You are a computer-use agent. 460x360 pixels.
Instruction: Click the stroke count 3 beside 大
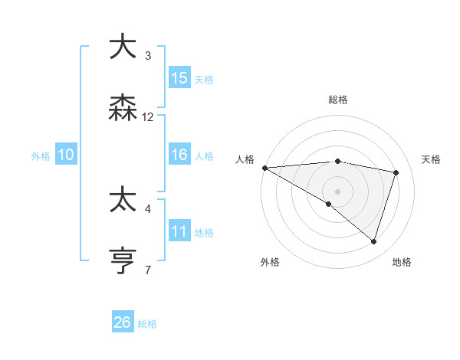click(x=148, y=55)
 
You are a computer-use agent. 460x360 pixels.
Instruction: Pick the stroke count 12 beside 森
click(x=148, y=117)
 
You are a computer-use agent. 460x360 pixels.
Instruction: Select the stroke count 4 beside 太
click(x=148, y=208)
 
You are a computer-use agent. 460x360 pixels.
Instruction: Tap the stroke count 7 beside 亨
click(x=148, y=270)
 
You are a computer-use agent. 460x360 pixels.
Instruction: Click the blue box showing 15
click(x=179, y=78)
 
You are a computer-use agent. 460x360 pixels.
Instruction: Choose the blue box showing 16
click(x=179, y=155)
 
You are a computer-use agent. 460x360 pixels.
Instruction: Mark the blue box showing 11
click(x=179, y=231)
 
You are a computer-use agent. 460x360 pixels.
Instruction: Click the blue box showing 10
click(x=66, y=155)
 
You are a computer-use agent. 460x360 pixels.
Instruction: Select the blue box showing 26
click(x=123, y=322)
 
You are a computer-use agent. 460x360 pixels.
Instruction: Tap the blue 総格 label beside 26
click(x=148, y=324)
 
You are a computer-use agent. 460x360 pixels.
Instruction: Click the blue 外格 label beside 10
click(x=41, y=156)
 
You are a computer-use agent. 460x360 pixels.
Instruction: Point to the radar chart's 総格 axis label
click(x=337, y=100)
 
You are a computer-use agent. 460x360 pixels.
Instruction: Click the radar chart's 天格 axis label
click(x=432, y=159)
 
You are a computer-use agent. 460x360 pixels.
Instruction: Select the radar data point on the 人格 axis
click(x=264, y=168)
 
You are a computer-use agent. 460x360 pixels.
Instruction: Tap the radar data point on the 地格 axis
click(x=373, y=241)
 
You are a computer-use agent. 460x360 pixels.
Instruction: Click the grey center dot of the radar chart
click(x=337, y=191)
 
